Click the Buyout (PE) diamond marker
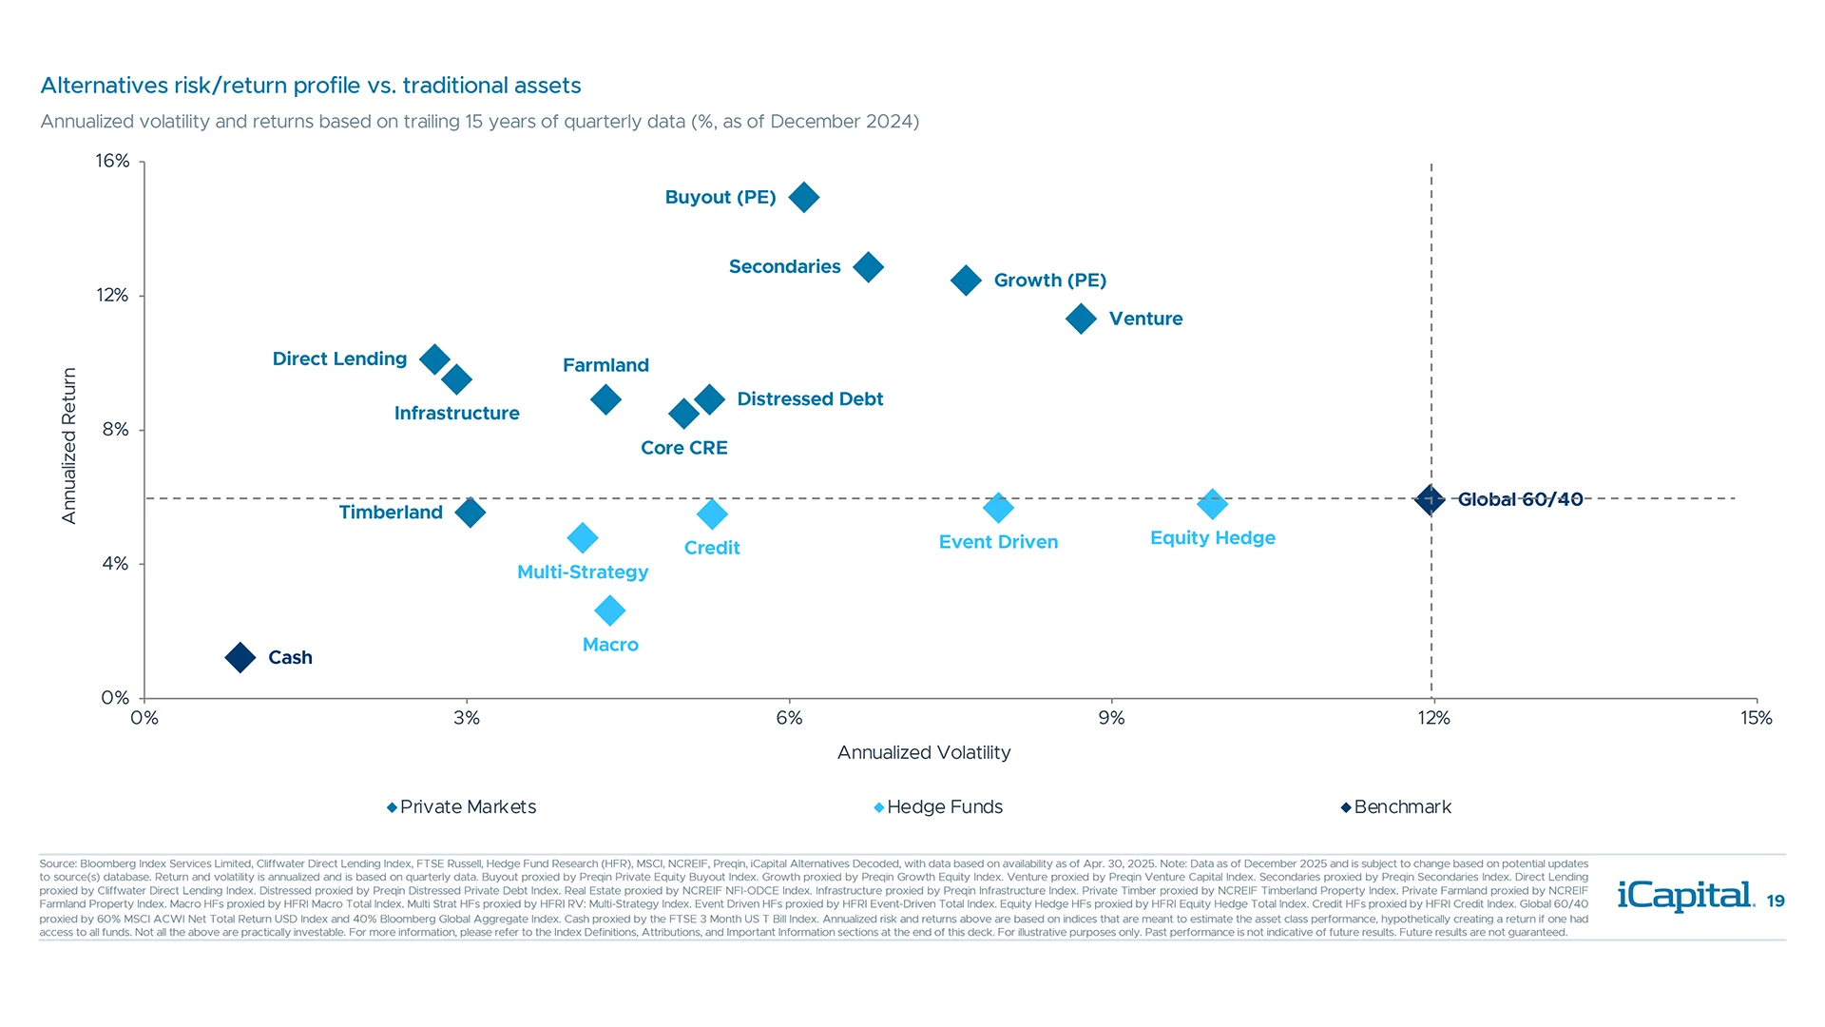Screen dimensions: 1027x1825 (x=804, y=198)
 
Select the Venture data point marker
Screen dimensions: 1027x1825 (x=1081, y=319)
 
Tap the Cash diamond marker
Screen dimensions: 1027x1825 (x=240, y=657)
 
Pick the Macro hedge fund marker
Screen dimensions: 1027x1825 (x=610, y=610)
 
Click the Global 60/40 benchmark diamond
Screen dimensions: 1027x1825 (x=1430, y=499)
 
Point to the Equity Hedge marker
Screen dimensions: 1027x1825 (x=1212, y=504)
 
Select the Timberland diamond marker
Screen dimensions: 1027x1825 (x=471, y=513)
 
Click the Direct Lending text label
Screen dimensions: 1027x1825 (x=339, y=358)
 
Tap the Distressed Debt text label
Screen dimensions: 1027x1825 (x=810, y=399)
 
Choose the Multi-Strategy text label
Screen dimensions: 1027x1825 (x=583, y=572)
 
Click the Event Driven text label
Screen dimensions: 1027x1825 (x=998, y=542)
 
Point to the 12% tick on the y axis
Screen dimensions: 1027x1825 (x=112, y=296)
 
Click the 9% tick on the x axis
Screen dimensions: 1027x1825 (x=1111, y=718)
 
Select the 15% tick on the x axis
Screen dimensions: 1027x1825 (x=1756, y=718)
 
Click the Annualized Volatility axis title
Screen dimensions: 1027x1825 (x=924, y=752)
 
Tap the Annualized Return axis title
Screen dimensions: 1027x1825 (x=68, y=445)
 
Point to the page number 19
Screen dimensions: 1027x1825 (x=1776, y=901)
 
